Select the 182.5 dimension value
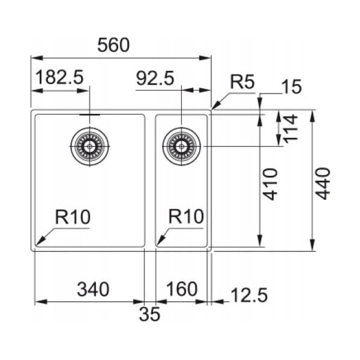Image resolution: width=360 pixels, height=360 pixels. click(x=59, y=77)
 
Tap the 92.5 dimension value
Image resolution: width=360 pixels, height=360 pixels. click(x=155, y=77)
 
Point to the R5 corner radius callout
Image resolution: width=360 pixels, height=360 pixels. click(x=243, y=82)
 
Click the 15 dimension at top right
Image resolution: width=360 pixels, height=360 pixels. click(x=291, y=87)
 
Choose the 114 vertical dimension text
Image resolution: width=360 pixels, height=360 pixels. click(x=292, y=128)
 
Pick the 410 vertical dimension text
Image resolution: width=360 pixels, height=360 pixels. click(x=271, y=184)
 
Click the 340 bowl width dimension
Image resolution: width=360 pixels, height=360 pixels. click(x=93, y=289)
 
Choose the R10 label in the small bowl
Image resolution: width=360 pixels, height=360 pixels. click(x=186, y=216)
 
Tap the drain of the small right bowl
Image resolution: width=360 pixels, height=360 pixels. click(x=181, y=146)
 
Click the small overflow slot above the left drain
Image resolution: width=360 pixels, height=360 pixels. click(x=90, y=113)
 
